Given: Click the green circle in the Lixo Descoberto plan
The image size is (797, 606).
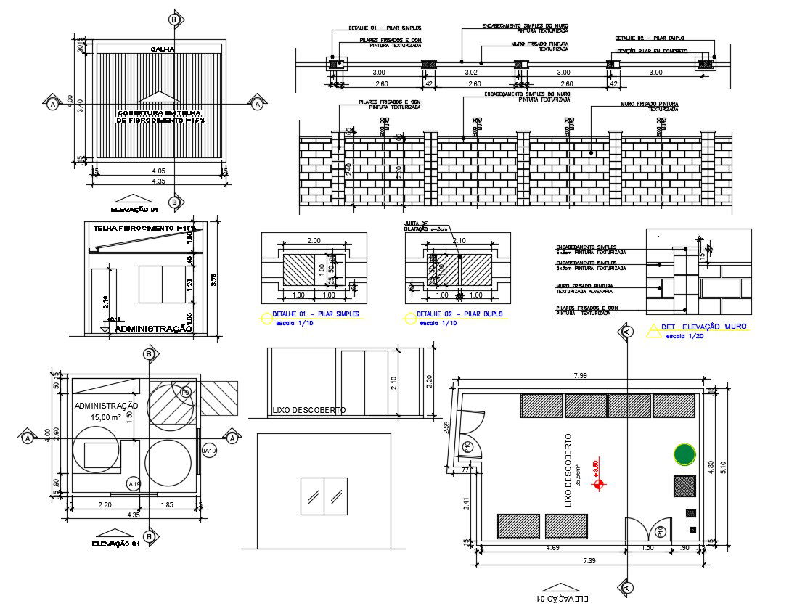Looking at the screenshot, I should [684, 454].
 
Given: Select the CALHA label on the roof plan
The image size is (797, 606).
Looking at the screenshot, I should [160, 49].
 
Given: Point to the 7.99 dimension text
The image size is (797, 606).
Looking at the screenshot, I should [580, 374].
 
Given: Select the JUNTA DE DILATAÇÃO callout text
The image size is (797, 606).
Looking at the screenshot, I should [416, 226].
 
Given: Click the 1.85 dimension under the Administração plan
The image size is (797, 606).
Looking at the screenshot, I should [166, 504].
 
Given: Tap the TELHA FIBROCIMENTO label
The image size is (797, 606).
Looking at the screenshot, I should [138, 228].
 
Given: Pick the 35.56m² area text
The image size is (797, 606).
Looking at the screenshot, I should [579, 475].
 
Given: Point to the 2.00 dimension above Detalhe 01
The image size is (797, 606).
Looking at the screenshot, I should [314, 240].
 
